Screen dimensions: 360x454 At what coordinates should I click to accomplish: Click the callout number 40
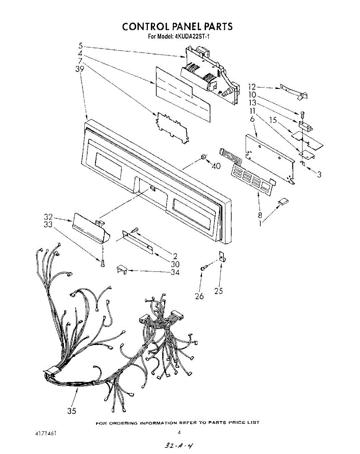216,166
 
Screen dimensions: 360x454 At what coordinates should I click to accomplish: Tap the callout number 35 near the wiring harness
72,411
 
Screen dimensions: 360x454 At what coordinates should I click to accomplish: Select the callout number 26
199,296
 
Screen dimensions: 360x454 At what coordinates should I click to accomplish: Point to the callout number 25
218,291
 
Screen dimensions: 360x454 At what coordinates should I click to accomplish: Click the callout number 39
80,69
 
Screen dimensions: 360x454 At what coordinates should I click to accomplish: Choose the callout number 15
273,120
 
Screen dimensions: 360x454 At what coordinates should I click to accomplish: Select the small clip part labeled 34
121,269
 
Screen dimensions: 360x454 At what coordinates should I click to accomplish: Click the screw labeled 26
203,268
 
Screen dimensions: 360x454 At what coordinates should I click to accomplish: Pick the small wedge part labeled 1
282,202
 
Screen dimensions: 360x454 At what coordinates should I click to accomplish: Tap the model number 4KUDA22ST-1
191,37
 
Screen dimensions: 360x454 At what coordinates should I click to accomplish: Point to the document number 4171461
43,432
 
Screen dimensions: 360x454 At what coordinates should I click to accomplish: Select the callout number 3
320,174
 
